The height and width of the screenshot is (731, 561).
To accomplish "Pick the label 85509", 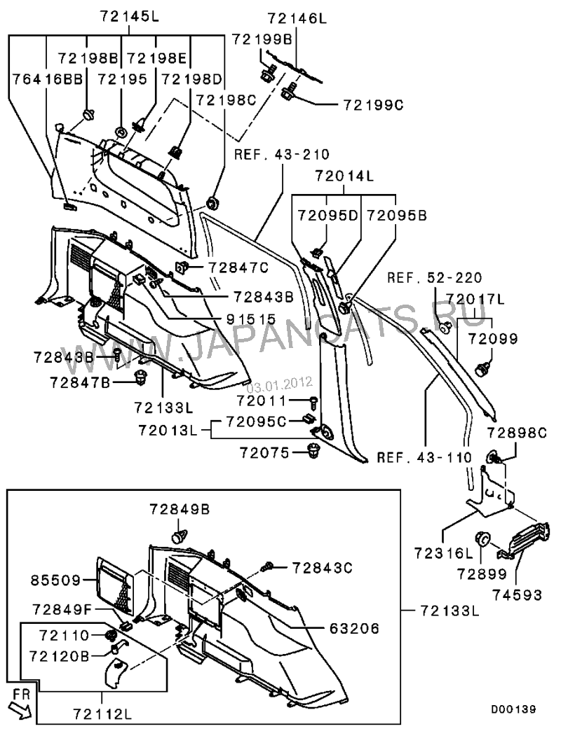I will click(54, 580).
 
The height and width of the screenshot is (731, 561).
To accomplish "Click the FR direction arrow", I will click(22, 707).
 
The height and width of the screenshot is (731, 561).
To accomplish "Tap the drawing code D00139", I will click(513, 709).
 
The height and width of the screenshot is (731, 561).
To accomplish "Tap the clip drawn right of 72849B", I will click(180, 536).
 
